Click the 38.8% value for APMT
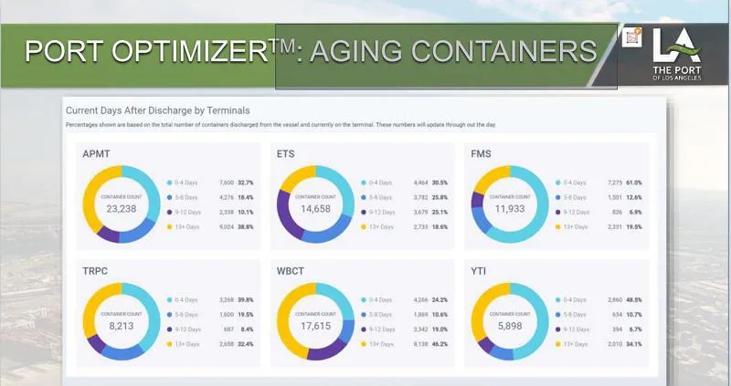(x=245, y=226)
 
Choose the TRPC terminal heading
(x=98, y=272)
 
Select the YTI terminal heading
(x=477, y=272)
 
